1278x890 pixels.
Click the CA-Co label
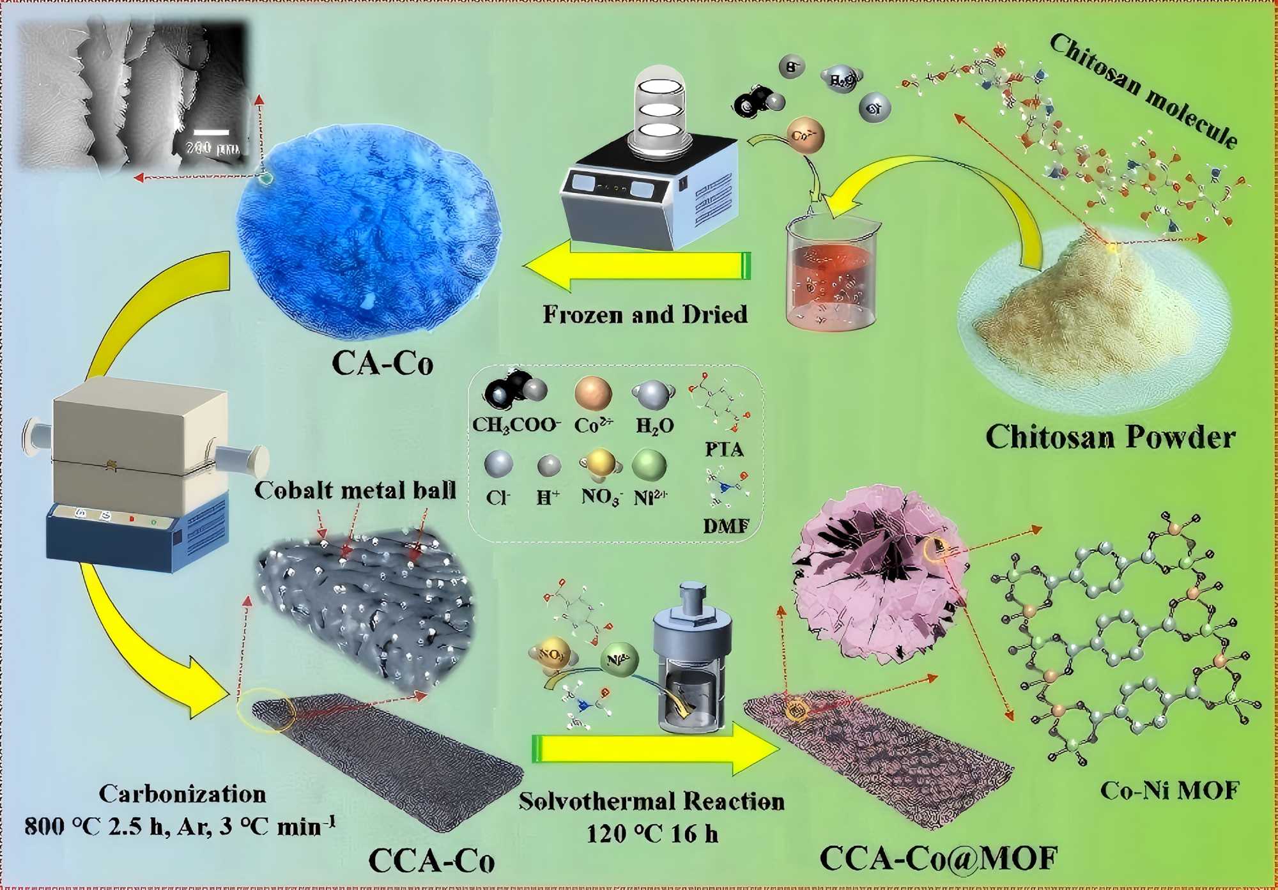[382, 364]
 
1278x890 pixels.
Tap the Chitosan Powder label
[1110, 438]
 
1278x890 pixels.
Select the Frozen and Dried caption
[645, 314]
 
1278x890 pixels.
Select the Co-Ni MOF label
[1169, 791]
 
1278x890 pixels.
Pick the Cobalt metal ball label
[355, 490]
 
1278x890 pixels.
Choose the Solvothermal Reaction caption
[651, 801]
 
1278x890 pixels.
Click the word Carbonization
[182, 794]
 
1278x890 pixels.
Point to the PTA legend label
[724, 450]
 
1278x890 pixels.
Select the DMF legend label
[725, 526]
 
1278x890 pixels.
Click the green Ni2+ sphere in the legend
[649, 464]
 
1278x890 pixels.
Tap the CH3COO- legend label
[516, 425]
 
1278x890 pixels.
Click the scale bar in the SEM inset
[211, 132]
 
